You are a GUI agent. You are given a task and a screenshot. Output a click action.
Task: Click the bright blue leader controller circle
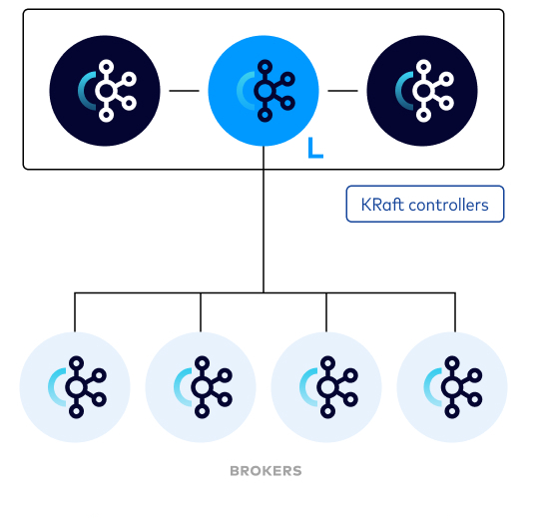(264, 91)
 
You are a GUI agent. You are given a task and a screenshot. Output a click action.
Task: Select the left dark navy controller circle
(105, 91)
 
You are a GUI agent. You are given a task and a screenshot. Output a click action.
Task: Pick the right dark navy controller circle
(422, 91)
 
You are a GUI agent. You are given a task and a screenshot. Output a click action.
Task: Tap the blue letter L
(315, 148)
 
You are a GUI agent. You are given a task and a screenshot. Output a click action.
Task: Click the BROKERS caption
(266, 471)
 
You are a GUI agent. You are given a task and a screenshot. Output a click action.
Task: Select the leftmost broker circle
(75, 387)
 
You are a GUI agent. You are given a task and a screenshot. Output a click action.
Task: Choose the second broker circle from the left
(201, 387)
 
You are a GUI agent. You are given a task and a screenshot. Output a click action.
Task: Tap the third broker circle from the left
(326, 387)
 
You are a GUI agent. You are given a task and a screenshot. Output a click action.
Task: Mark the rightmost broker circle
(452, 387)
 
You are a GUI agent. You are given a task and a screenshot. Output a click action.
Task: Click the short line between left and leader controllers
(184, 91)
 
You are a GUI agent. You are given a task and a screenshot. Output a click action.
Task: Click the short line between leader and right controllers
(342, 91)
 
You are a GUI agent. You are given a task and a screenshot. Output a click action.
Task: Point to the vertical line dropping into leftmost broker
(75, 312)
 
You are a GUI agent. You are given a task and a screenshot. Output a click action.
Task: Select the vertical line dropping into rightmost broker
(455, 312)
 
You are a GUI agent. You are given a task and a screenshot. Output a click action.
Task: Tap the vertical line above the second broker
(201, 312)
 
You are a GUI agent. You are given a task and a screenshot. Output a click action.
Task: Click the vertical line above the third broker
(326, 312)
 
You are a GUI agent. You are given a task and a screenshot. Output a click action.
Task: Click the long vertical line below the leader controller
(264, 220)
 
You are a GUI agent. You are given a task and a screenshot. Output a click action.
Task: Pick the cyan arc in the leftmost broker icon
(52, 387)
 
